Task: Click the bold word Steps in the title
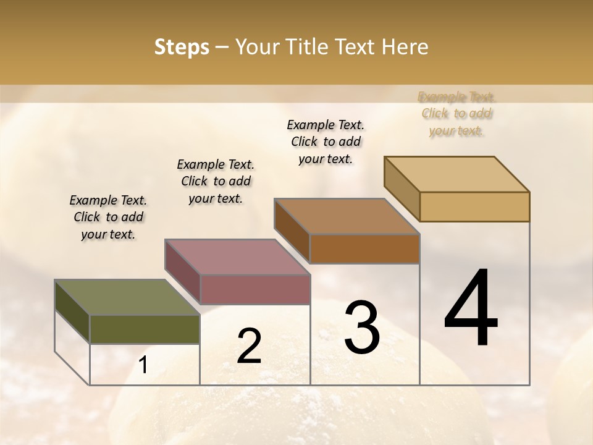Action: pyautogui.click(x=182, y=47)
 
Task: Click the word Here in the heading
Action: pyautogui.click(x=405, y=47)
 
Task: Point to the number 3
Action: pyautogui.click(x=361, y=327)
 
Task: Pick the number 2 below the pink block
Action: pyautogui.click(x=249, y=346)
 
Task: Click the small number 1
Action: pyautogui.click(x=143, y=365)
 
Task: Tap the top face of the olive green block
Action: pyautogui.click(x=127, y=297)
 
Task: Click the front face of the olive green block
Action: pyautogui.click(x=145, y=329)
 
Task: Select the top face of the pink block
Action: pyautogui.click(x=237, y=256)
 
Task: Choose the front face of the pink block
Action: pyautogui.click(x=254, y=289)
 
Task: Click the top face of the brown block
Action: pyautogui.click(x=347, y=216)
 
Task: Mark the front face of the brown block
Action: pyautogui.click(x=364, y=248)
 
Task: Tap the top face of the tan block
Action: pyautogui.click(x=456, y=174)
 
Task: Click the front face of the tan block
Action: pyautogui.click(x=474, y=206)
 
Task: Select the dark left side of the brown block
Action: pyautogui.click(x=292, y=231)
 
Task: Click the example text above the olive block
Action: pyautogui.click(x=108, y=217)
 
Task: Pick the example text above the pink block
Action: pyautogui.click(x=216, y=181)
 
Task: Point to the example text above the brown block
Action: pyautogui.click(x=326, y=142)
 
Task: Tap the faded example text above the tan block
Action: pyautogui.click(x=456, y=114)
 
